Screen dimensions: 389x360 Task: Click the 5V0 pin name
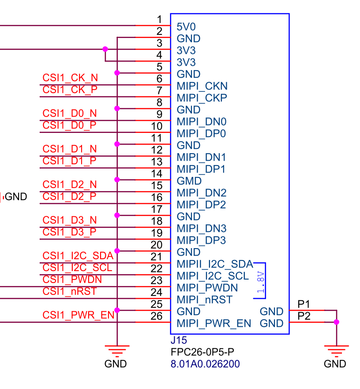pyautogui.click(x=186, y=27)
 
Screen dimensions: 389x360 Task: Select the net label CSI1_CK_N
pyautogui.click(x=70, y=78)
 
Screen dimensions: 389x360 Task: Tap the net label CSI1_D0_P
pyautogui.click(x=69, y=125)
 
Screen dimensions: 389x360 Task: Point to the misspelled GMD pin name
pyautogui.click(x=189, y=181)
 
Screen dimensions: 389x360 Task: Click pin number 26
pyautogui.click(x=157, y=316)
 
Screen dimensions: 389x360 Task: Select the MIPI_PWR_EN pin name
pyautogui.click(x=214, y=324)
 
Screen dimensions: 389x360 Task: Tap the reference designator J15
pyautogui.click(x=179, y=340)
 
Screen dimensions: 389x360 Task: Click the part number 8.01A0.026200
pyautogui.click(x=205, y=364)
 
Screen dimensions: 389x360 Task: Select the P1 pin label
pyautogui.click(x=304, y=304)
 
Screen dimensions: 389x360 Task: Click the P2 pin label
pyautogui.click(x=304, y=316)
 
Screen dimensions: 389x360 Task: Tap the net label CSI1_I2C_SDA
pyautogui.click(x=78, y=256)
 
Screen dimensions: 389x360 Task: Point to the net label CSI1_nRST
pyautogui.click(x=69, y=291)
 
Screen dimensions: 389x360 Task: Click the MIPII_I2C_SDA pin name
pyautogui.click(x=215, y=264)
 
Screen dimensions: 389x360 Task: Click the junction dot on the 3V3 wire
pyautogui.click(x=105, y=49)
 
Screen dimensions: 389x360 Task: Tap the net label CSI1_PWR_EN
pyautogui.click(x=78, y=315)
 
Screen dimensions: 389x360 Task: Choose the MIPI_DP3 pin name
pyautogui.click(x=201, y=240)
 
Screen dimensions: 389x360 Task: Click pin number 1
pyautogui.click(x=159, y=19)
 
